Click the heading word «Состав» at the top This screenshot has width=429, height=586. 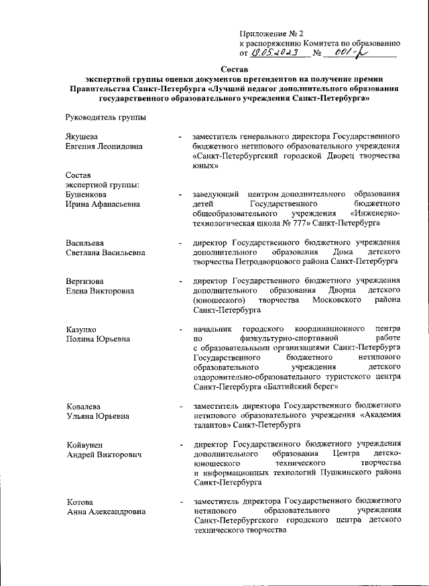pyautogui.click(x=234, y=69)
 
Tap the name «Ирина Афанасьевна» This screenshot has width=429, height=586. pyautogui.click(x=103, y=204)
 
